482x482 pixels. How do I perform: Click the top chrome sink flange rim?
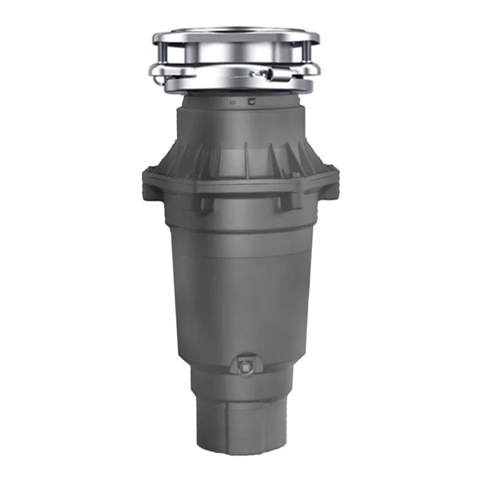click(231, 32)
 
